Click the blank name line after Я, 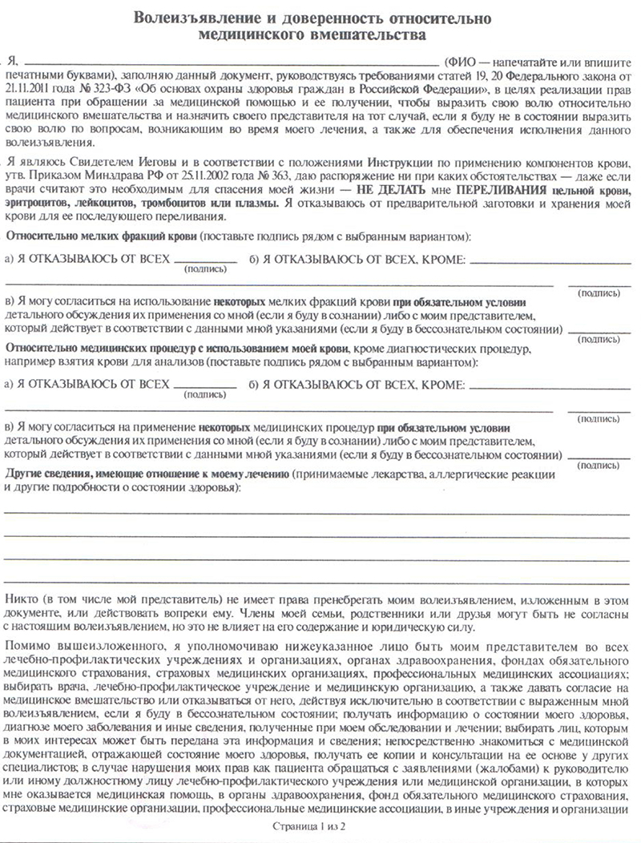point(232,63)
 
